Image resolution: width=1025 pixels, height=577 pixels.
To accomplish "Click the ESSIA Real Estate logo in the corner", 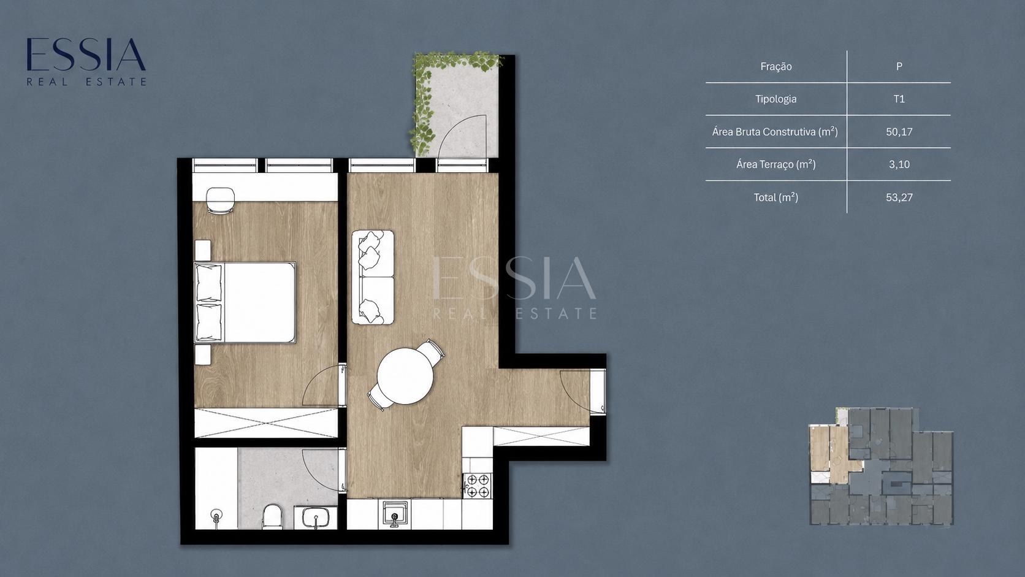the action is (86, 62).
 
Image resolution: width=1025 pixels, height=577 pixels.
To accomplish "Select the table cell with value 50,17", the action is (899, 132).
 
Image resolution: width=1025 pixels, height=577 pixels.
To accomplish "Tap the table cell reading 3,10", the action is (899, 164).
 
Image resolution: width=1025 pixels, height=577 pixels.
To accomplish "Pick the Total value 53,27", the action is (899, 197).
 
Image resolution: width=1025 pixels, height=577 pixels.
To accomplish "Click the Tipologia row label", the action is (775, 99).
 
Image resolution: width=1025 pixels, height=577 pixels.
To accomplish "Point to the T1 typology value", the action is (899, 99).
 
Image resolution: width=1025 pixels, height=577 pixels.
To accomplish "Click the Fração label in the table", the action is (775, 66).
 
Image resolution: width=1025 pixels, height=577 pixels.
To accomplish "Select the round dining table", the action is (405, 376).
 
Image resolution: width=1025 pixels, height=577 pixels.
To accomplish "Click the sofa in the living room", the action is (373, 277).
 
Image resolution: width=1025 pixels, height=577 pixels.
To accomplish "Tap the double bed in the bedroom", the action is (245, 302).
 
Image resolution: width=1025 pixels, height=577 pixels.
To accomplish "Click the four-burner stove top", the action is (478, 486).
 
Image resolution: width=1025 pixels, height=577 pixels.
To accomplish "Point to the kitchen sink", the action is (395, 513).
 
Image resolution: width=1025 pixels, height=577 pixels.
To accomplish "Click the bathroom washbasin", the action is (315, 518).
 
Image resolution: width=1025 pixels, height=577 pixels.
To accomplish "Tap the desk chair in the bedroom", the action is (220, 200).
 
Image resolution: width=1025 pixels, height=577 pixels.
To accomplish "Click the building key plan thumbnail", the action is (882, 466).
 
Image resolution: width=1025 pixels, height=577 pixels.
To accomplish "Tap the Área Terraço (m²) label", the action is (775, 164).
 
